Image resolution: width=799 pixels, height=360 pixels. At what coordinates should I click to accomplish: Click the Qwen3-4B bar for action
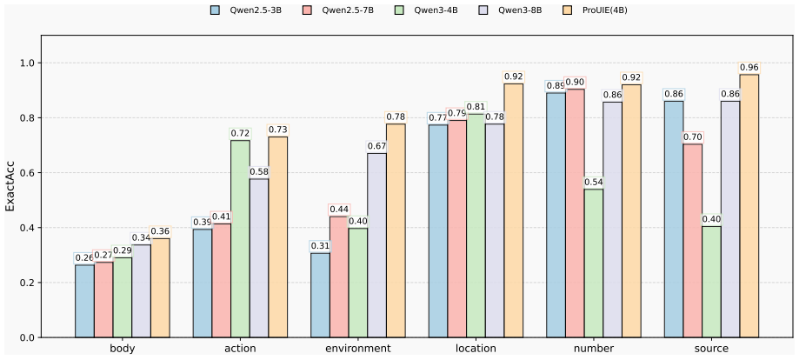point(240,238)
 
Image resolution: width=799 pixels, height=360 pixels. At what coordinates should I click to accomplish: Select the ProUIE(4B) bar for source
point(749,206)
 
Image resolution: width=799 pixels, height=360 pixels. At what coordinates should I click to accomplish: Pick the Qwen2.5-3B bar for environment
point(320,296)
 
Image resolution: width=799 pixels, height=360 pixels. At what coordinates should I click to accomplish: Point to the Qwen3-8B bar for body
point(141,291)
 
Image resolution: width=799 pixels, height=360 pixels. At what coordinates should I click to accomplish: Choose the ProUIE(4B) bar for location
point(514,210)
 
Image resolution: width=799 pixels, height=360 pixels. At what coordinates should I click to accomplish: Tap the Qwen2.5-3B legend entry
point(246,10)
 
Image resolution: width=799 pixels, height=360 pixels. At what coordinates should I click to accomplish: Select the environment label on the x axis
point(357,349)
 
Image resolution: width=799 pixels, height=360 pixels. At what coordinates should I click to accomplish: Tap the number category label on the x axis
point(594,349)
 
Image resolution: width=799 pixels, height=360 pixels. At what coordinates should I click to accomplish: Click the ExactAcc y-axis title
point(10,187)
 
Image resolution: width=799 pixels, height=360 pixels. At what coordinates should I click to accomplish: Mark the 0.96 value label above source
point(749,68)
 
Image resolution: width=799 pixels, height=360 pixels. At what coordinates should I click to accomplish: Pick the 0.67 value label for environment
point(376,146)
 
